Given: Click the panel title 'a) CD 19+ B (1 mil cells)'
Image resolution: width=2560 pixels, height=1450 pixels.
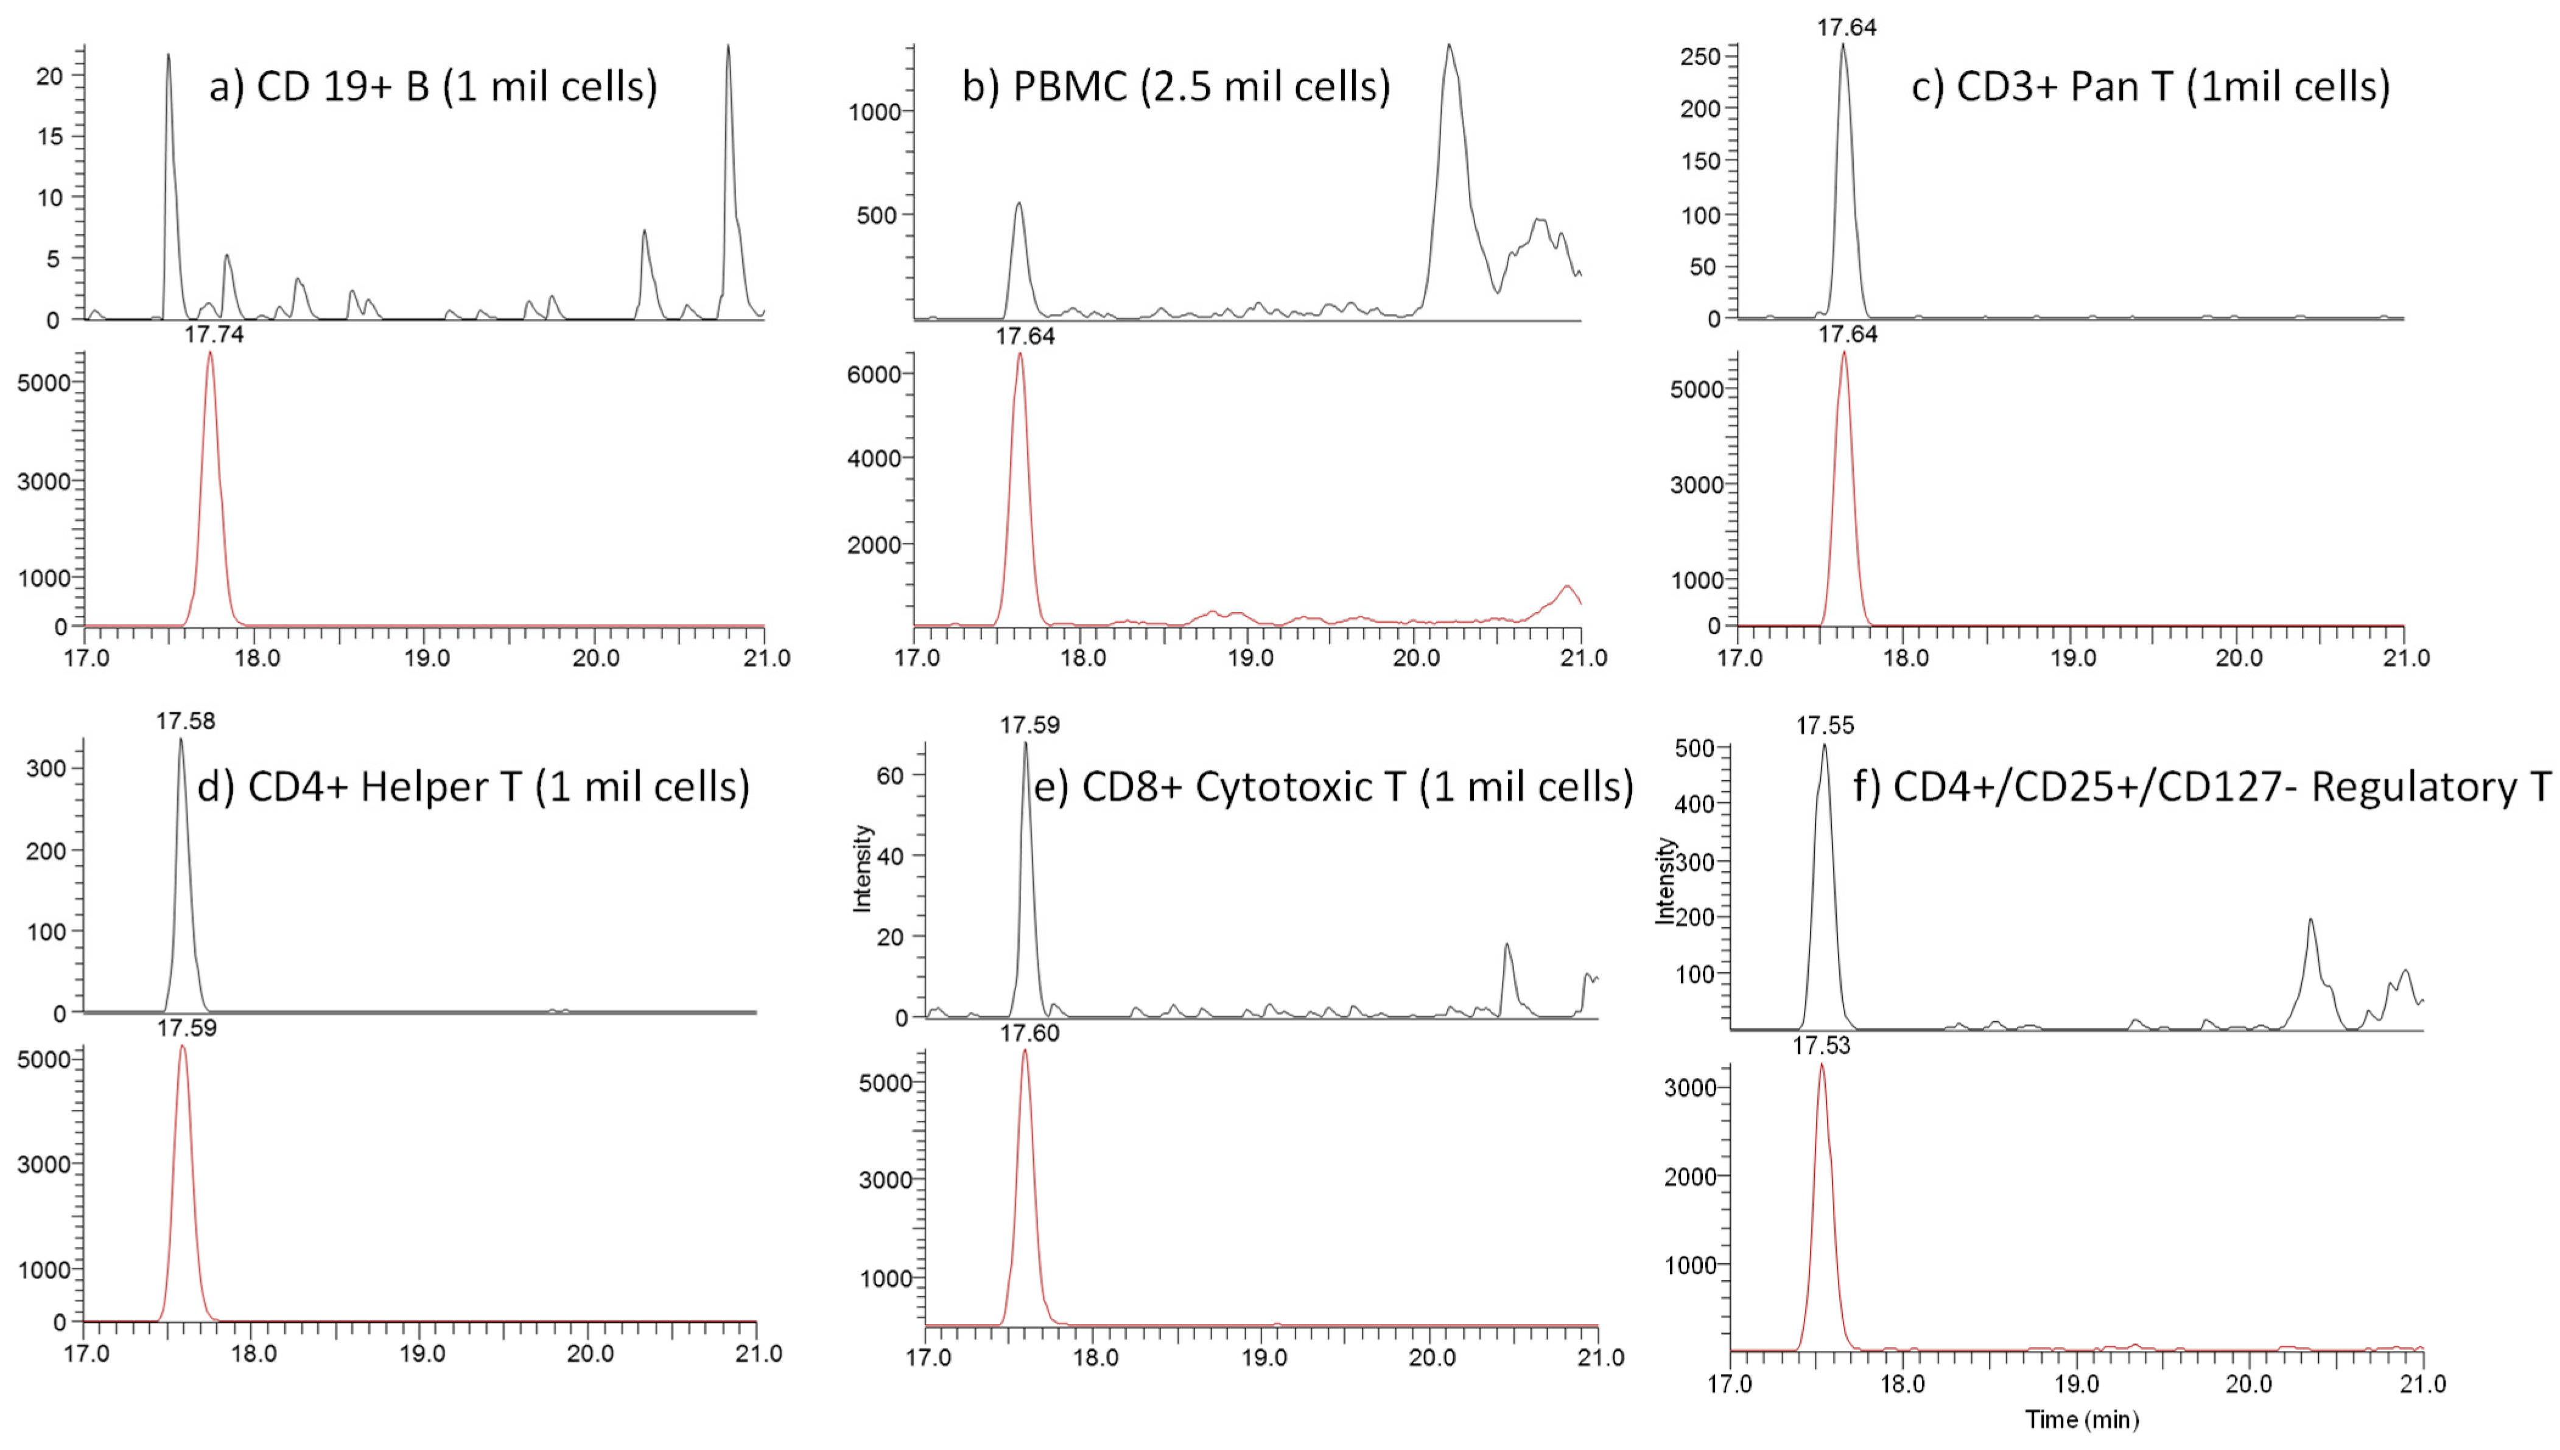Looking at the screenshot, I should coord(433,86).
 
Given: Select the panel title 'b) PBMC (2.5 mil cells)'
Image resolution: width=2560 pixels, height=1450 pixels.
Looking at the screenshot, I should coord(1176,86).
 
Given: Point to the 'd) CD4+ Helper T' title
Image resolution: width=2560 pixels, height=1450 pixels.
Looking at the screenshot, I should coord(473,787).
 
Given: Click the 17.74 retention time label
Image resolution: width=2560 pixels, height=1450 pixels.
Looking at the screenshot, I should coord(213,335).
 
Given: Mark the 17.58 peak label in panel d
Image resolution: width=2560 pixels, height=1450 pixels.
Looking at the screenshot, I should coord(185,720).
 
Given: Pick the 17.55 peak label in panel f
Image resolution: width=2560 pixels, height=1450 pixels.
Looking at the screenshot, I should coord(1825,725).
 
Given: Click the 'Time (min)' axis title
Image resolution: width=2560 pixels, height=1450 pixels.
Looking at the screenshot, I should coord(2082,1419).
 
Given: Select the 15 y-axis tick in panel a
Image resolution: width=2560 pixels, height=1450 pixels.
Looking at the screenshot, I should coord(50,136).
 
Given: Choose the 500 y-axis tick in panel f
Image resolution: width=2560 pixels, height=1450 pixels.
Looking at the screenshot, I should coord(1694,748).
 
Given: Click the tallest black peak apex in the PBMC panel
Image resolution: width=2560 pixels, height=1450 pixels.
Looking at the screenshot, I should coord(1450,45).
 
